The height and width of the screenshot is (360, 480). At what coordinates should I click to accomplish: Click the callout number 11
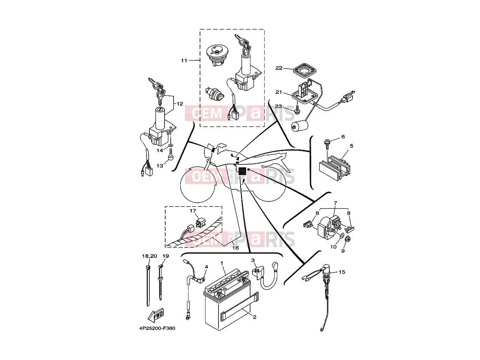click(x=184, y=61)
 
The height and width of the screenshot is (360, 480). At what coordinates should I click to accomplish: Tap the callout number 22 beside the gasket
click(x=279, y=68)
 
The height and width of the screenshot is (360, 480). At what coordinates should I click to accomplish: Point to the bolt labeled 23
click(x=297, y=110)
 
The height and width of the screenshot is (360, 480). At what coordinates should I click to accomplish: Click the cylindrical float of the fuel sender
click(x=300, y=126)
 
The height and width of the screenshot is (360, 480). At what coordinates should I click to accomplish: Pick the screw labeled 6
click(x=327, y=144)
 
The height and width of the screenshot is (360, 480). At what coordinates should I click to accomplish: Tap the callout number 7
click(x=336, y=203)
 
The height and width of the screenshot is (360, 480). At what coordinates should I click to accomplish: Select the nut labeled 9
click(x=347, y=239)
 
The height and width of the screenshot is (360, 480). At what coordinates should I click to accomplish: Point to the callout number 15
click(x=342, y=272)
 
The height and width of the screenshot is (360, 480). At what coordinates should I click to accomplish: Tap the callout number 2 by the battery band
click(x=254, y=317)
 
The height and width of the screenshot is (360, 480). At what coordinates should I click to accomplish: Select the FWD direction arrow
click(x=156, y=315)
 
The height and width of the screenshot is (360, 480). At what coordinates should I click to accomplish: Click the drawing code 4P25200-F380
click(x=157, y=334)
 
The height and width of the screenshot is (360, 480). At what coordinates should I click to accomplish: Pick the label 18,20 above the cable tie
click(x=149, y=256)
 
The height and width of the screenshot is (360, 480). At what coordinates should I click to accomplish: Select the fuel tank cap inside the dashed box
click(x=215, y=56)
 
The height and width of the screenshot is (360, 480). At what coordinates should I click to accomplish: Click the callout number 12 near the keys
click(x=180, y=104)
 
